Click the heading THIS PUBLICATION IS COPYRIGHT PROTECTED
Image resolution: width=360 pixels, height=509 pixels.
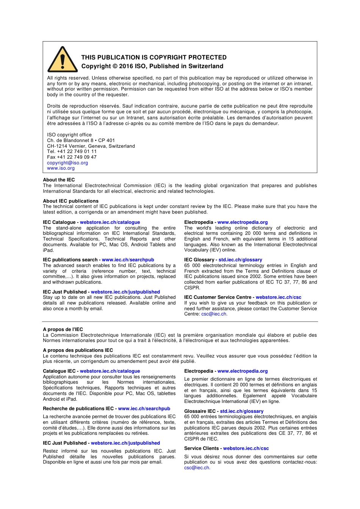click(153, 58)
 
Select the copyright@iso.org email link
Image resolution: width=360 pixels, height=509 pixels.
click(67, 163)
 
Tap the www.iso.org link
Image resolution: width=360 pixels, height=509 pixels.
click(61, 168)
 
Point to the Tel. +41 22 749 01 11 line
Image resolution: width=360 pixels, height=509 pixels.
click(72, 151)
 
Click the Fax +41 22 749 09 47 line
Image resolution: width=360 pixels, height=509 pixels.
click(72, 157)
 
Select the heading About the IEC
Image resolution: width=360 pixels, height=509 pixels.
click(59, 180)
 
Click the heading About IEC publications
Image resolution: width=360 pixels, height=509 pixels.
click(70, 201)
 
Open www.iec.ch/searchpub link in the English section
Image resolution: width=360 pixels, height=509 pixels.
click(128, 260)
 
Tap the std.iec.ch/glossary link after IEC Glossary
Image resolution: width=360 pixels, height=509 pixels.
click(240, 260)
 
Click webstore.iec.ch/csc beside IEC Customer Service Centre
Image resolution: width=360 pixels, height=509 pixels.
click(278, 297)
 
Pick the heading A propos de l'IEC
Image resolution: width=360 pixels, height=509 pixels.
click(63, 329)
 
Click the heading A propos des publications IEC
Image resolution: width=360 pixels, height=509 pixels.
click(78, 350)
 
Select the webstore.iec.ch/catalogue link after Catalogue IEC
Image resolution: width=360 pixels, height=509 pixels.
click(110, 371)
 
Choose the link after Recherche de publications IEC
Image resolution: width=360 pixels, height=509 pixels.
click(144, 409)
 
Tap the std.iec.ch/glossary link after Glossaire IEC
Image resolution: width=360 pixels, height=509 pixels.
click(241, 411)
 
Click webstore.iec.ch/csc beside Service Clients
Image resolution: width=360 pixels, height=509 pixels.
click(246, 448)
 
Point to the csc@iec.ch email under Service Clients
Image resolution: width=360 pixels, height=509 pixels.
click(197, 468)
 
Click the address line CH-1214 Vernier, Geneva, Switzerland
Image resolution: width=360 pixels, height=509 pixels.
click(91, 146)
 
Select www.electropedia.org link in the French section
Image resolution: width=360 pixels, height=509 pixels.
click(242, 371)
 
